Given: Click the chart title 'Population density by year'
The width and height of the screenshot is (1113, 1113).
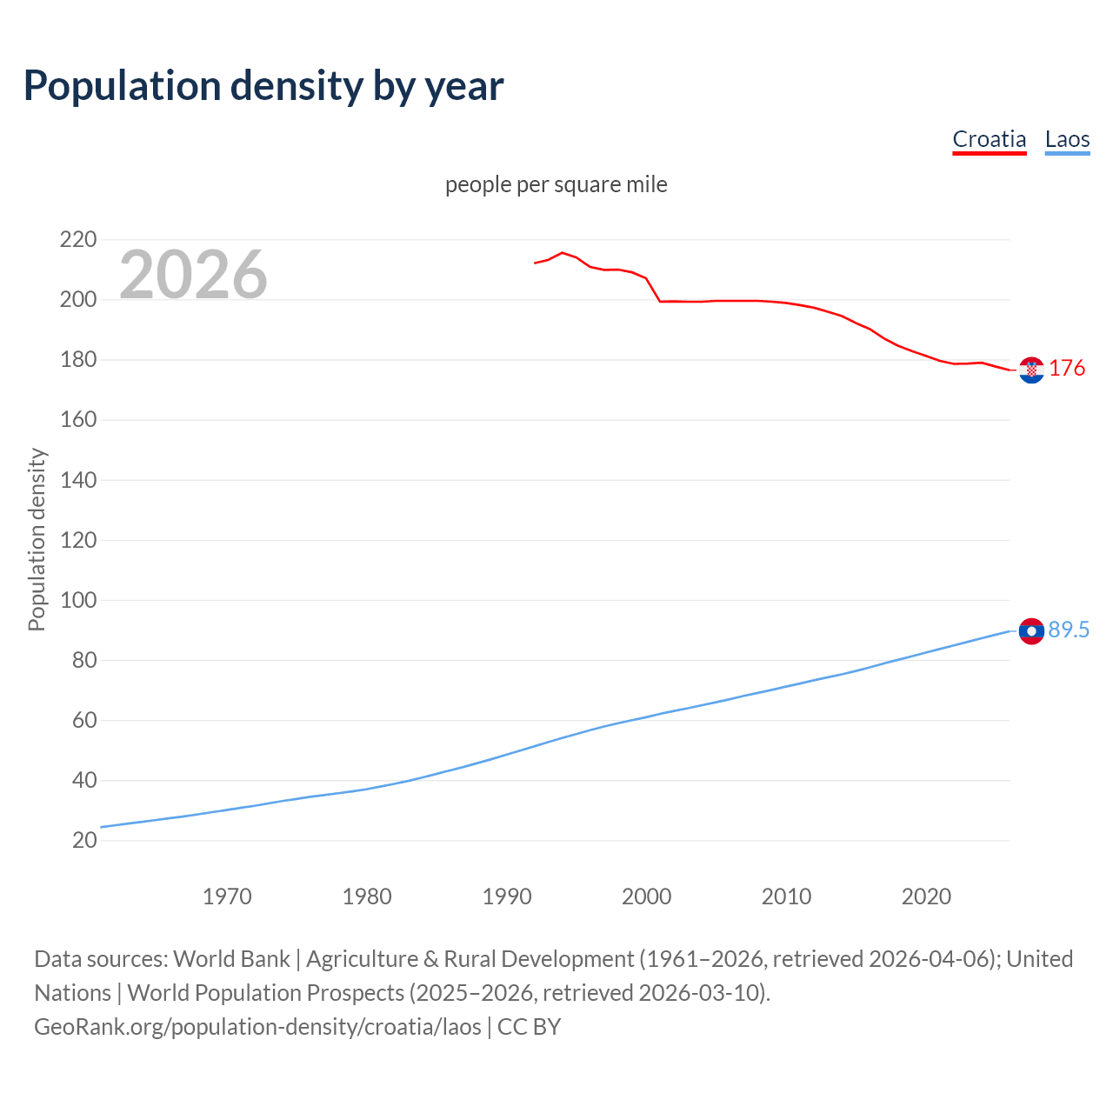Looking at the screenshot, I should pos(263,86).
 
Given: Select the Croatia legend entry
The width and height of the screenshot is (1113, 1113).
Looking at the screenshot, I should pos(989,139).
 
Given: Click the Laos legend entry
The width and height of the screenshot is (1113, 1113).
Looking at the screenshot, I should pos(1067,139).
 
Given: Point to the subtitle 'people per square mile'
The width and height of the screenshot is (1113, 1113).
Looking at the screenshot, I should pos(556,184).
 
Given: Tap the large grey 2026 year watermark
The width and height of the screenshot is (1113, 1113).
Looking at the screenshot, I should pos(193,275).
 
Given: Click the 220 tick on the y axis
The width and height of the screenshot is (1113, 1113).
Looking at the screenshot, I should pos(77,239).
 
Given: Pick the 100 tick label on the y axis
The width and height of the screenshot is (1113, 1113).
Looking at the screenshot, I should pos(77,600).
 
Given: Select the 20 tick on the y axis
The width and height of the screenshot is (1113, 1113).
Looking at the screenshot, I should pos(84,840).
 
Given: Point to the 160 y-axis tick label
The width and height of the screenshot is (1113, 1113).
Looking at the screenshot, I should pos(77,420).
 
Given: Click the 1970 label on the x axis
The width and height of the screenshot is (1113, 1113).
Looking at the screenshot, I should pos(227,896).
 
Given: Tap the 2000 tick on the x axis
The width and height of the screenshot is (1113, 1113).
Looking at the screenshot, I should pos(646,896).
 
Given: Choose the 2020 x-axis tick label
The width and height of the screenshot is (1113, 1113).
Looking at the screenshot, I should pos(926,896).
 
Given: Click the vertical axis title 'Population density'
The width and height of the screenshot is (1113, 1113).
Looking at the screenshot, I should pos(37,539).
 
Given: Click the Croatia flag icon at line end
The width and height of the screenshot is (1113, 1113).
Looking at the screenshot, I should pos(1031,370).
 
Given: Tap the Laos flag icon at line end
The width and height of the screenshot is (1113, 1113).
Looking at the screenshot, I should pos(1031,630).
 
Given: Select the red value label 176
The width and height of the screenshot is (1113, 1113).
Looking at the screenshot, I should pos(1067,369).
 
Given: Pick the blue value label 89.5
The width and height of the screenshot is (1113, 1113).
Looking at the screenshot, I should pos(1069,630).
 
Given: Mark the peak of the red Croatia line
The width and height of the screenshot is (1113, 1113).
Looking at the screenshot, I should pos(562,252).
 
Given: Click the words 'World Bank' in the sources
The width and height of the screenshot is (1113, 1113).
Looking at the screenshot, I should pos(231,958).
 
